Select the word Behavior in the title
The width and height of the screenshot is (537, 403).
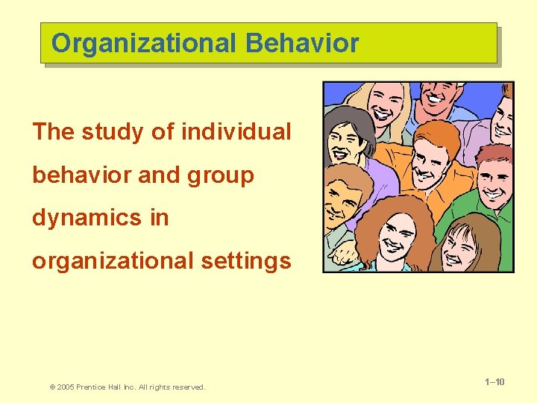pos(301,43)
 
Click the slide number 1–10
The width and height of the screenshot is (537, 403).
pos(494,382)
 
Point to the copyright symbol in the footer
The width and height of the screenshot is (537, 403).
pos(52,387)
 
